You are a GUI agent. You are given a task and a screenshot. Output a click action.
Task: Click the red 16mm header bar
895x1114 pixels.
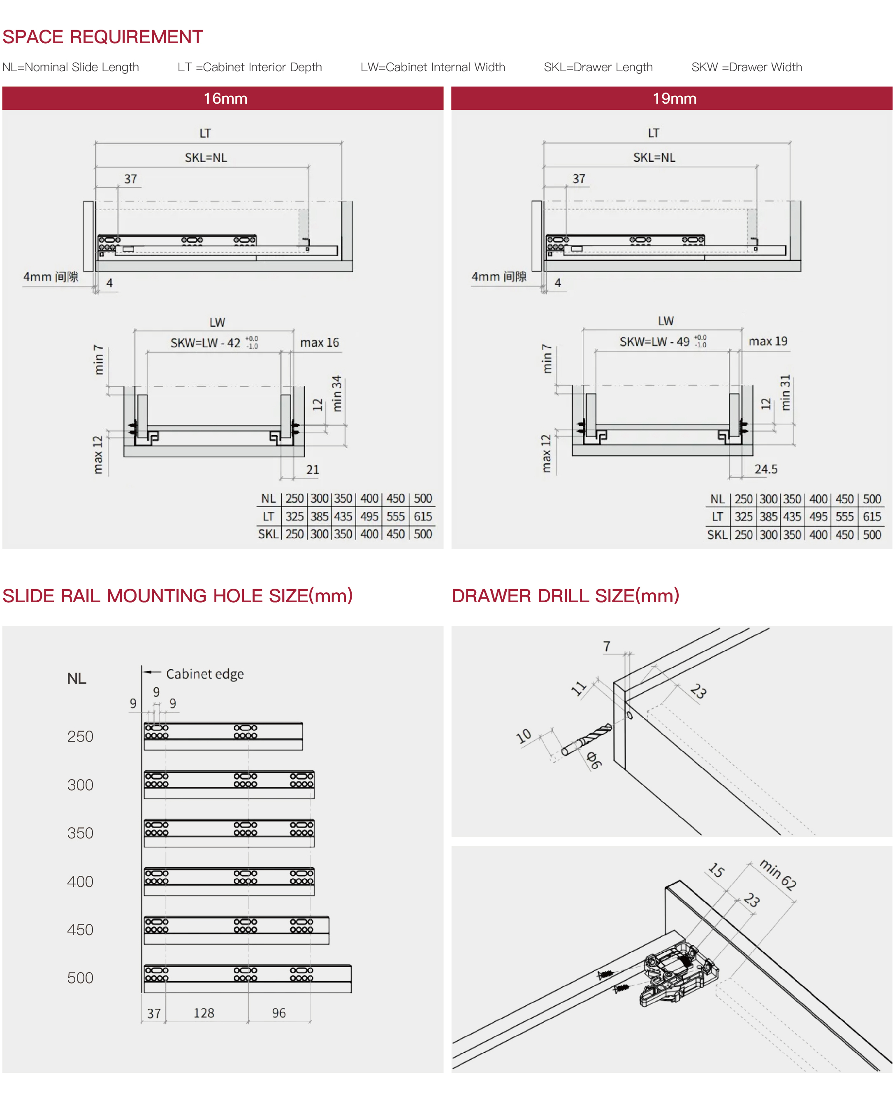(x=223, y=98)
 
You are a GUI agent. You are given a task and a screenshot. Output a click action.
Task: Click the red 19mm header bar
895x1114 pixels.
(x=672, y=98)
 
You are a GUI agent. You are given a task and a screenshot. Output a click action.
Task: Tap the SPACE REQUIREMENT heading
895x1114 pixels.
(x=103, y=37)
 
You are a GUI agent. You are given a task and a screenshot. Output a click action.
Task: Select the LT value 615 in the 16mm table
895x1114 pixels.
(x=423, y=516)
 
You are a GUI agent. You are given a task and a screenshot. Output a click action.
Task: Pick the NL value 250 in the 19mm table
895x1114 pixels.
(x=744, y=499)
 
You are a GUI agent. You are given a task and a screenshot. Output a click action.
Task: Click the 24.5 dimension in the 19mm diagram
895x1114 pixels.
(x=766, y=469)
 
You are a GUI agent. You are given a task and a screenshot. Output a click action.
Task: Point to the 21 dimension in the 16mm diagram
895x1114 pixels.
(x=313, y=470)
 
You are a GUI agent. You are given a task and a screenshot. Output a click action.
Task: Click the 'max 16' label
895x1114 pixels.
(x=319, y=343)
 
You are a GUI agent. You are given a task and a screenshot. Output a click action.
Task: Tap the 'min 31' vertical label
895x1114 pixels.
(x=786, y=393)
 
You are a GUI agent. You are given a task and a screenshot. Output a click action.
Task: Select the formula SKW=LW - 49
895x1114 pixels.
(x=655, y=341)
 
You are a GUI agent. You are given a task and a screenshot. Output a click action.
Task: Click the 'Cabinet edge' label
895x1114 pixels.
(x=205, y=674)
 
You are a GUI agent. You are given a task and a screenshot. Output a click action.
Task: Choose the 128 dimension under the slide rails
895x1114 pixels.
(x=204, y=1013)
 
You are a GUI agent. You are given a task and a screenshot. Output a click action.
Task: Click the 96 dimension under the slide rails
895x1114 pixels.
(x=279, y=1013)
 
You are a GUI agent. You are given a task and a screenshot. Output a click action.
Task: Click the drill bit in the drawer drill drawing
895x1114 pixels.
(x=587, y=739)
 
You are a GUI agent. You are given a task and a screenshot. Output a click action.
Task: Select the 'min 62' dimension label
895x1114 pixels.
(x=778, y=874)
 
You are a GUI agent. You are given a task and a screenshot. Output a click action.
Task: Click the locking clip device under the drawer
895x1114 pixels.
(x=678, y=974)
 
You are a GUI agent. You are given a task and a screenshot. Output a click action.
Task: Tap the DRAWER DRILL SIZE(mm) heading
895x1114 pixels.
(x=565, y=596)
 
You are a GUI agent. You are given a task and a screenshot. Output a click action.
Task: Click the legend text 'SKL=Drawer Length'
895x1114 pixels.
(x=598, y=67)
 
